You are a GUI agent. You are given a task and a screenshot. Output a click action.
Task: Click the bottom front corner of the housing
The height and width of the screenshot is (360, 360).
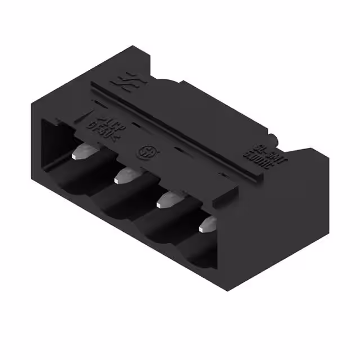coord(228,290)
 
